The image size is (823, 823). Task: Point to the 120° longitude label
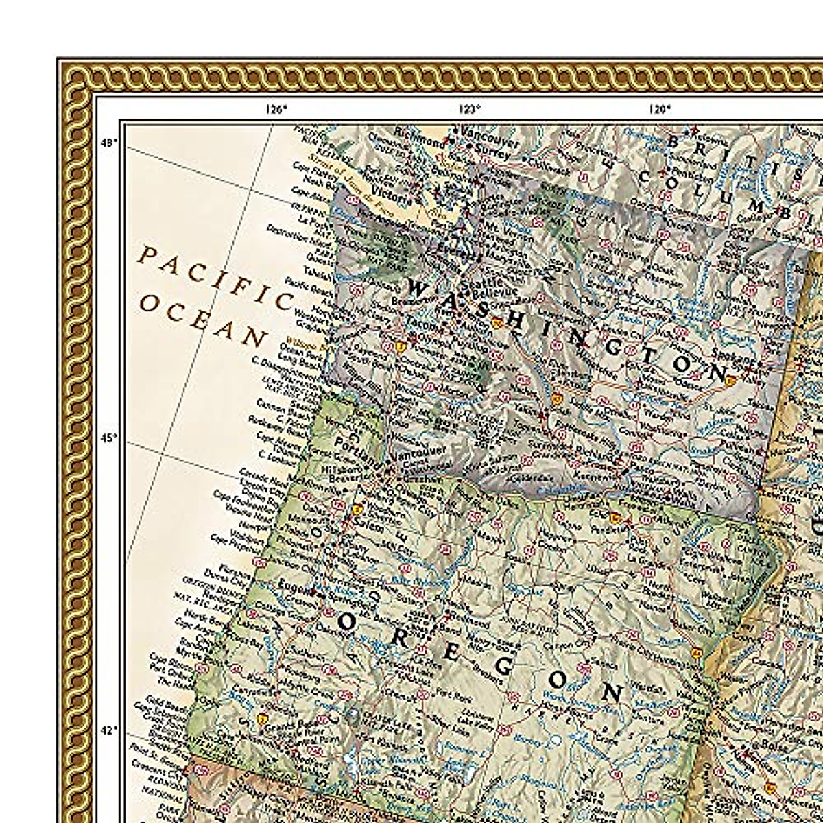[659, 107]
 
